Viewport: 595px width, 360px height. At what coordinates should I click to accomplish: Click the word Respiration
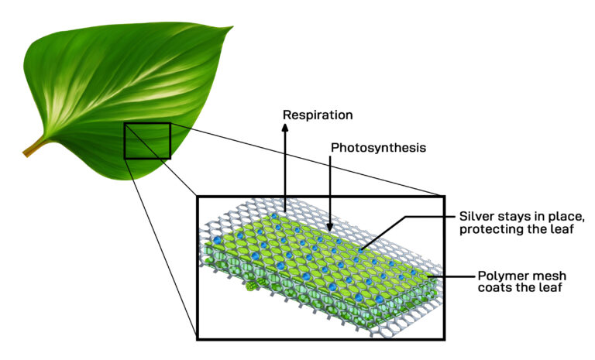(x=318, y=115)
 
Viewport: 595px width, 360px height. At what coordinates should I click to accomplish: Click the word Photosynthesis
(x=378, y=148)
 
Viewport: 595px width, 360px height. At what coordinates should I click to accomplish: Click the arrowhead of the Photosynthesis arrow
(x=330, y=228)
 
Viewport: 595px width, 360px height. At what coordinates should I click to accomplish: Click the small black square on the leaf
(x=147, y=141)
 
